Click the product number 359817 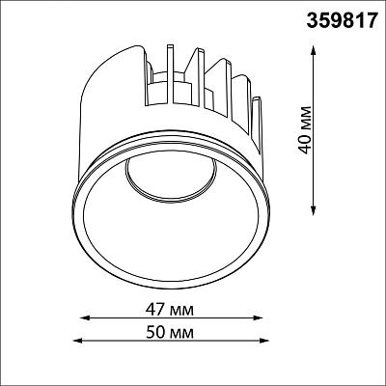[x=342, y=21]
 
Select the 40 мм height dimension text [x=305, y=129]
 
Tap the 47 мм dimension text [x=170, y=310]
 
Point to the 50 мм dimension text [x=170, y=332]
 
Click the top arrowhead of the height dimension [x=314, y=49]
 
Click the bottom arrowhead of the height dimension [x=314, y=210]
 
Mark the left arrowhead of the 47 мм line [x=84, y=318]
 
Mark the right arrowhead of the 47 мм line [x=259, y=318]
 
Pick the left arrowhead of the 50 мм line [x=77, y=341]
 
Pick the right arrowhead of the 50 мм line [x=264, y=341]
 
